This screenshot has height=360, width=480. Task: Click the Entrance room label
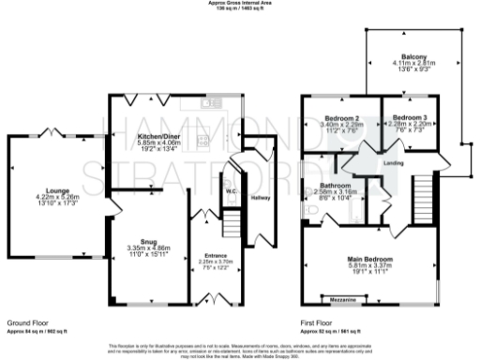[x=216, y=254]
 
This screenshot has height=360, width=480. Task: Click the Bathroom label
[x=335, y=186]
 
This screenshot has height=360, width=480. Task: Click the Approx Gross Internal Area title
[x=239, y=3]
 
